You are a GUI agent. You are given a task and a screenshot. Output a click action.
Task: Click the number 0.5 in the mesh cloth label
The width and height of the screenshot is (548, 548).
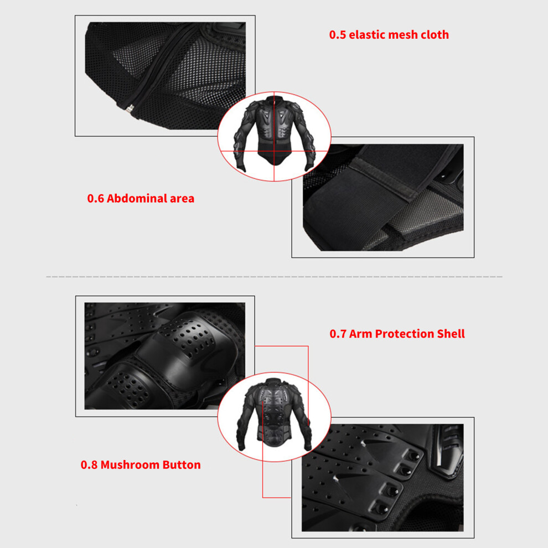click(337, 35)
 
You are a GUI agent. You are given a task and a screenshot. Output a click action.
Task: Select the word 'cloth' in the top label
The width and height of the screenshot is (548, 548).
click(435, 34)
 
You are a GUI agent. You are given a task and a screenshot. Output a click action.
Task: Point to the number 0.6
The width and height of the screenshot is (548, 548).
click(95, 199)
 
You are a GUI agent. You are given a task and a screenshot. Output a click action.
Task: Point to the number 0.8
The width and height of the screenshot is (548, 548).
click(89, 465)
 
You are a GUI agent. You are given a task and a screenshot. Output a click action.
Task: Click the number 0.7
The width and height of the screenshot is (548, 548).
click(338, 334)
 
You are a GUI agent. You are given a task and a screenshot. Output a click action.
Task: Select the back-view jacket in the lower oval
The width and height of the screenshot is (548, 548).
click(274, 415)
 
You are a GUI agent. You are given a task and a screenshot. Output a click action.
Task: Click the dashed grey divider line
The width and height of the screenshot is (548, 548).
click(274, 276)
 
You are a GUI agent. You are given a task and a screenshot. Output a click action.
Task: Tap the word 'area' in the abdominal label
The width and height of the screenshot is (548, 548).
click(182, 199)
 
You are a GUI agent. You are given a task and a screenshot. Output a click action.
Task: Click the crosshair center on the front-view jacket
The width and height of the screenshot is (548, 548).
click(274, 151)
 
